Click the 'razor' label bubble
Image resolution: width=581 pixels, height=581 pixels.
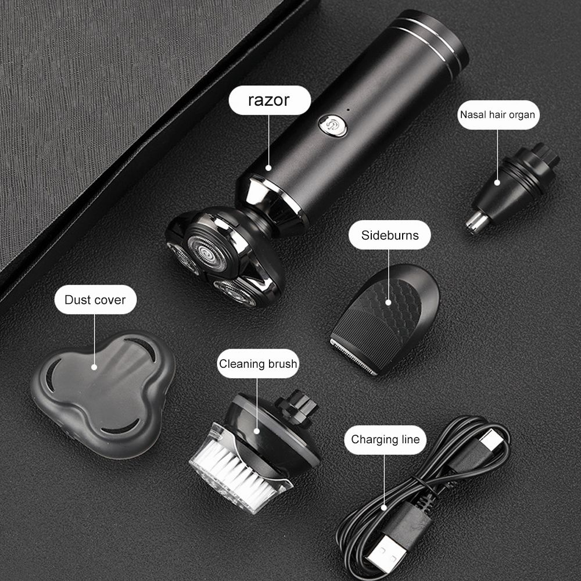coord(268,100)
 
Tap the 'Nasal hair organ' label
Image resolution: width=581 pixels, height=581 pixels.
coord(497,114)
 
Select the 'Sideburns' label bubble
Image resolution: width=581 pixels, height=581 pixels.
coord(389,236)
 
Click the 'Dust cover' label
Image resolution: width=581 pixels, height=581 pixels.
coord(95,300)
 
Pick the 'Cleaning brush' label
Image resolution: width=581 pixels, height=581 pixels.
coord(257,364)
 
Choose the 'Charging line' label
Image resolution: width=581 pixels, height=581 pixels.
coord(385,439)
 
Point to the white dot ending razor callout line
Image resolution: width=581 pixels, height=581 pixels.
coord(268,167)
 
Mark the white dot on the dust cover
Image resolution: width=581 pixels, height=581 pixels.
coord(95,366)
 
